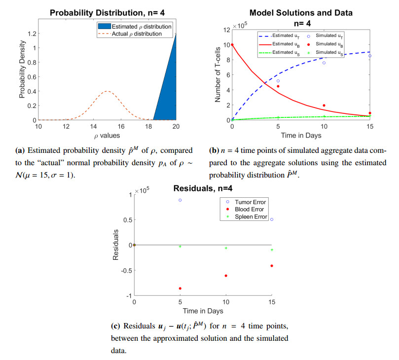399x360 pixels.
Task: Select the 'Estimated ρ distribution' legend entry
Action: (142, 27)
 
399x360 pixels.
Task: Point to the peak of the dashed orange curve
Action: (107, 91)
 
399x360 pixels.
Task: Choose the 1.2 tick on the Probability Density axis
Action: (30, 34)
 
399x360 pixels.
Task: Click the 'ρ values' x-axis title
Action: (107, 135)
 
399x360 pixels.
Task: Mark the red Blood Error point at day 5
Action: (180, 288)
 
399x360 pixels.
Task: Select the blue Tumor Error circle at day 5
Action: (180, 200)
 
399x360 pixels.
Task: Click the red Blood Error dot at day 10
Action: (226, 276)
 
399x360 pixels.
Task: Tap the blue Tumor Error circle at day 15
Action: (271, 219)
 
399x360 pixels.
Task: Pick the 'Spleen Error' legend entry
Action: (251, 216)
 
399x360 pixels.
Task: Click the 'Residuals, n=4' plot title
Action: (203, 188)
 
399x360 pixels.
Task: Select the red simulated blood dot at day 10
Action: (324, 105)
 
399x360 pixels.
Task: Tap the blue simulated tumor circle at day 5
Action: (278, 81)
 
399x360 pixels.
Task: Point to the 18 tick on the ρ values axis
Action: (147, 126)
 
